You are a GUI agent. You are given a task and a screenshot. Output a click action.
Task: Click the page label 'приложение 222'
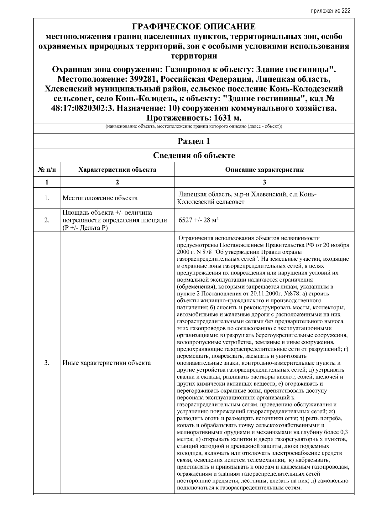[330, 11]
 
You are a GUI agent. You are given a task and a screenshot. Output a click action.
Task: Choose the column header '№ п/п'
[47, 170]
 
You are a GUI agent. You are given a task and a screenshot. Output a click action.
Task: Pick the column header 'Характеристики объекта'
[117, 170]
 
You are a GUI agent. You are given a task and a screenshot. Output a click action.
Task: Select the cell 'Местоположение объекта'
[100, 198]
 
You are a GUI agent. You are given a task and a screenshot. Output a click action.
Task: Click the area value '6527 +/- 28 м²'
[198, 220]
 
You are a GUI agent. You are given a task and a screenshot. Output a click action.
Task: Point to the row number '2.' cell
[47, 220]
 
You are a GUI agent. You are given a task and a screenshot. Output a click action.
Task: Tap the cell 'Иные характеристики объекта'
[107, 363]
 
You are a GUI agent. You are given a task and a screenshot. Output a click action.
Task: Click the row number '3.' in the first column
[47, 363]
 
